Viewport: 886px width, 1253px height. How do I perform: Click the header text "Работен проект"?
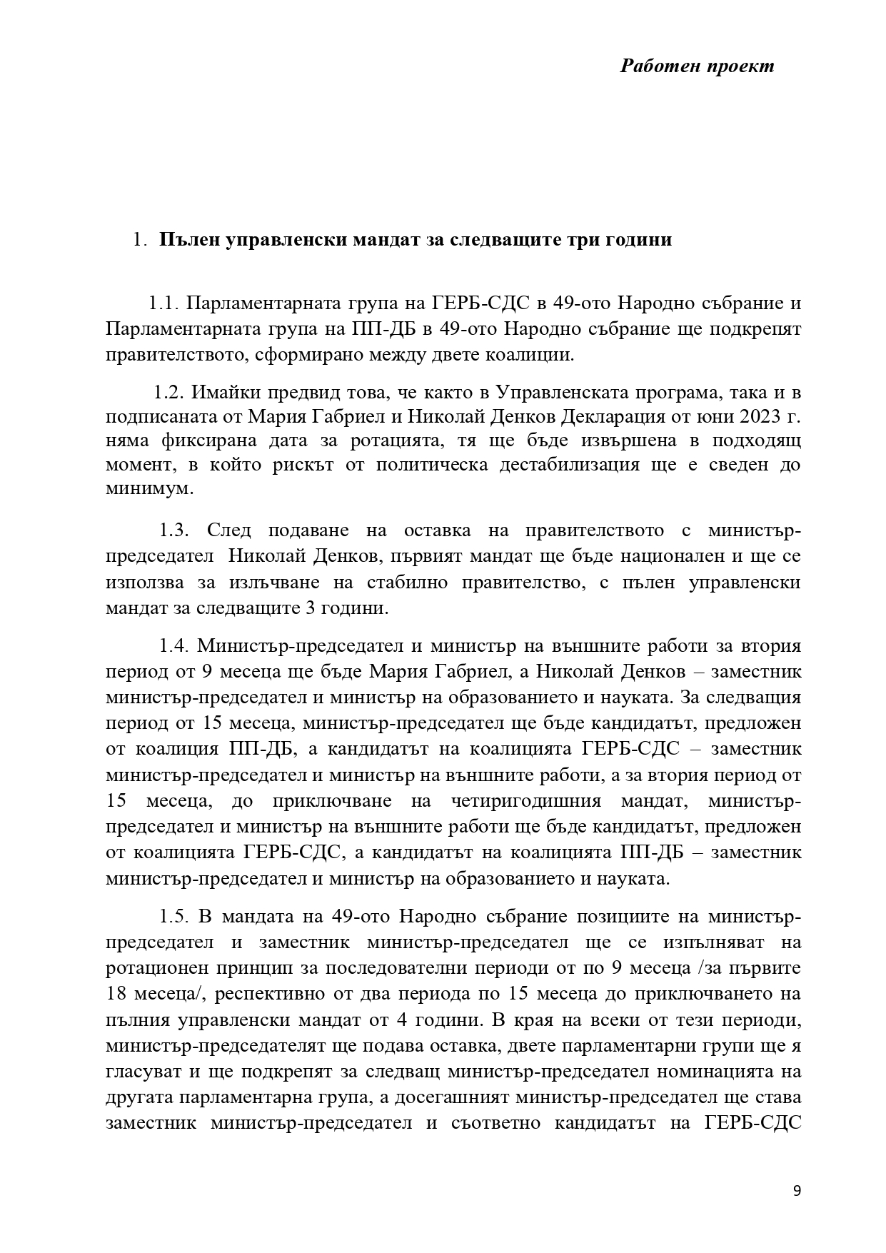tap(697, 66)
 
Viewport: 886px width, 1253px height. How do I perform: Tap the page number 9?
tap(797, 1191)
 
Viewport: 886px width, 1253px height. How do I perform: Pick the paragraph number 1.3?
tap(173, 530)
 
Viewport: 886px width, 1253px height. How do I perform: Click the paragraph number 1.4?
tap(173, 646)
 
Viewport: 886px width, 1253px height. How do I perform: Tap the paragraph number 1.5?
tap(173, 916)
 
